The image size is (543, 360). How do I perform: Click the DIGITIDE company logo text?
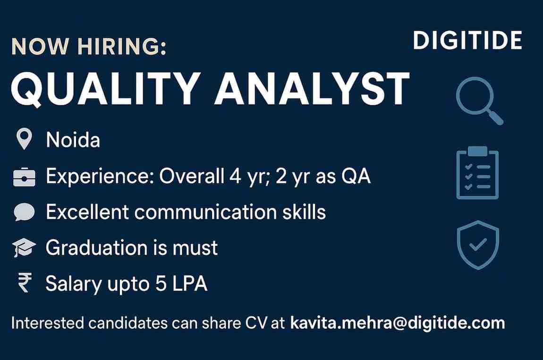click(x=467, y=41)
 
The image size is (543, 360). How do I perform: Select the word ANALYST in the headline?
click(x=312, y=89)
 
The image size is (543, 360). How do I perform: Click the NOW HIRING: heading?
click(x=89, y=48)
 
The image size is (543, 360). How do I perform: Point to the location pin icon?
click(x=24, y=140)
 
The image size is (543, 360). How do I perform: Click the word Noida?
click(x=73, y=140)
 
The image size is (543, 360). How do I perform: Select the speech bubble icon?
click(x=24, y=212)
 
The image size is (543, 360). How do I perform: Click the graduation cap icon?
click(x=24, y=248)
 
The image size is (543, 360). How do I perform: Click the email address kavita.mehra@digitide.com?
click(x=398, y=324)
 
